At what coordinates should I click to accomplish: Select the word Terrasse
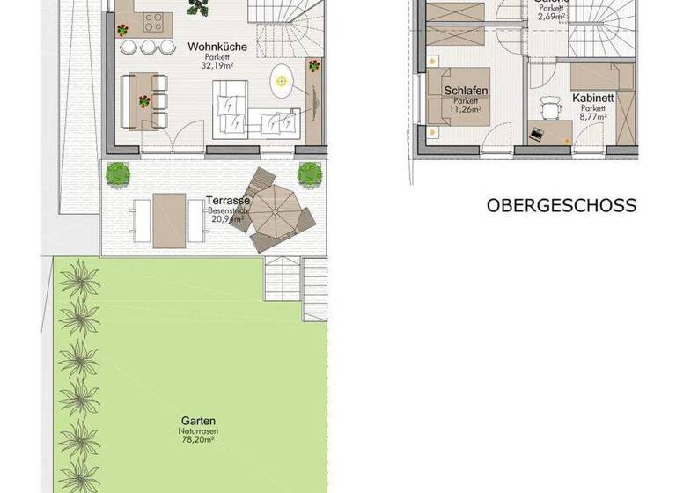(x=225, y=201)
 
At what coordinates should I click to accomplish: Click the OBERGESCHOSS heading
(x=561, y=206)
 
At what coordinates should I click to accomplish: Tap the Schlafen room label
(x=466, y=92)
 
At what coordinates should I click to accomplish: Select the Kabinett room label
(x=592, y=98)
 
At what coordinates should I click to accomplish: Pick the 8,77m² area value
(x=592, y=115)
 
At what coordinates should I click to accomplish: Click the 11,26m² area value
(x=466, y=110)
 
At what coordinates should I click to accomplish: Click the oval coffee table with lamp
(x=282, y=82)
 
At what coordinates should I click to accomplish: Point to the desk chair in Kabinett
(x=551, y=107)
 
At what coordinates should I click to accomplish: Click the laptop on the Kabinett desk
(x=537, y=134)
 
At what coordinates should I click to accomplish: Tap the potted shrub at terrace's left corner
(x=116, y=173)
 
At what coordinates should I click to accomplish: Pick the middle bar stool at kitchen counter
(x=147, y=47)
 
